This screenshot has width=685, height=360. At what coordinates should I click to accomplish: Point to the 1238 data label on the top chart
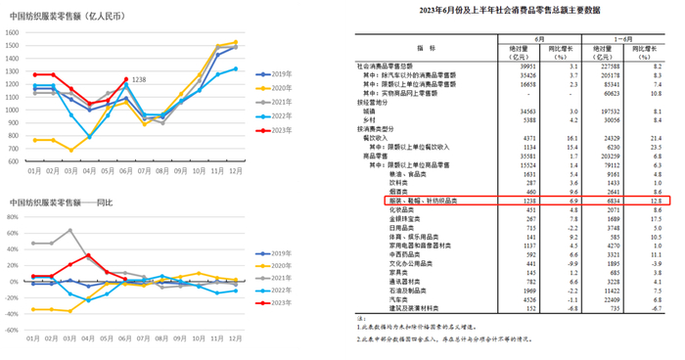(x=139, y=79)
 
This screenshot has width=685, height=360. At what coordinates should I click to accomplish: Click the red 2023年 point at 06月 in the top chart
(x=125, y=79)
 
